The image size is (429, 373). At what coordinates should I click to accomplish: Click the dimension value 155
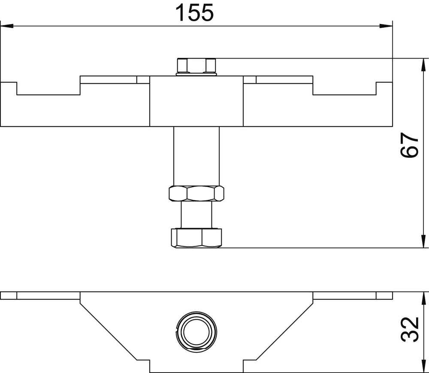tap(194, 12)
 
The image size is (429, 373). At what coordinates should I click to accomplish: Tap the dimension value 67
tap(410, 145)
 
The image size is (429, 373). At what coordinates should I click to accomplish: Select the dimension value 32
tap(410, 330)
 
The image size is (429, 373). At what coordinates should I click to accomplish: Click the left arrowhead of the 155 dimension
tap(7, 26)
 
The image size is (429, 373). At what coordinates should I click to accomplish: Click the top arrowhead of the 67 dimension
tap(423, 65)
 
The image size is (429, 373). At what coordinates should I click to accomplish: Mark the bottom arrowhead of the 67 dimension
tap(423, 241)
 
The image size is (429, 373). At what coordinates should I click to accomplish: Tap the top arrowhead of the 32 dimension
tap(423, 298)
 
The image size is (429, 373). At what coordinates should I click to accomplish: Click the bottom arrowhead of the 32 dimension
tap(423, 367)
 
